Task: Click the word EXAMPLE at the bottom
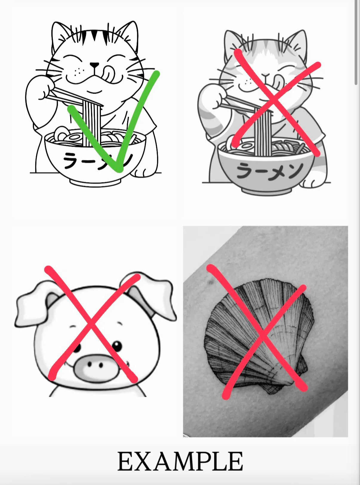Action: tap(180, 461)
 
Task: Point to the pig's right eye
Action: tap(118, 345)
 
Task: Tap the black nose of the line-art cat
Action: tap(95, 65)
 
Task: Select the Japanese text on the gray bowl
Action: tap(269, 171)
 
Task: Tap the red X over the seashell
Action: tap(263, 332)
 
